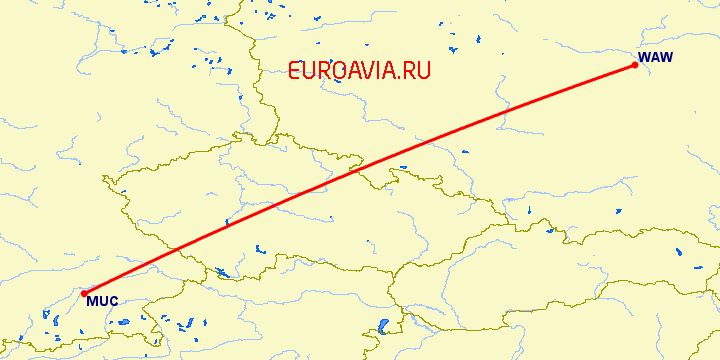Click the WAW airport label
pos(657,57)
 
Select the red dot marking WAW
pos(635,66)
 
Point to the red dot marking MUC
pos(84,293)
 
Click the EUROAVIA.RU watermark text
pos(359,71)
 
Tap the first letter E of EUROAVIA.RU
pos(295,71)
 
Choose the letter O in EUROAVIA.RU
pos(335,71)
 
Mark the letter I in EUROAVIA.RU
pos(378,71)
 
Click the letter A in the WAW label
pos(657,57)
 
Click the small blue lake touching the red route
pos(229,222)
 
